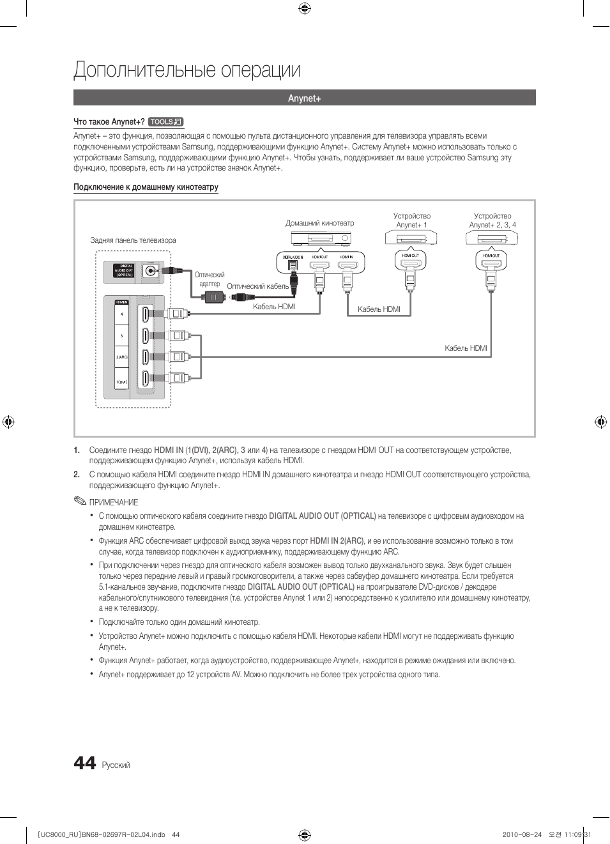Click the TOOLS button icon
(165, 122)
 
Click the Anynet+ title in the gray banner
(304, 98)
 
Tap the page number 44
(85, 763)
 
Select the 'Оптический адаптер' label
(210, 279)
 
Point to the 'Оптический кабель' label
(257, 286)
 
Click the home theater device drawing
(321, 239)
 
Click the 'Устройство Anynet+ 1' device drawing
(411, 238)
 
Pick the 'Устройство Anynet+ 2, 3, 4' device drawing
(492, 238)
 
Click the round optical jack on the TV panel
(151, 271)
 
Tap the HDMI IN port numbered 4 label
(121, 314)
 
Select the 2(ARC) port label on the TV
(121, 357)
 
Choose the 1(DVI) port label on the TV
(121, 382)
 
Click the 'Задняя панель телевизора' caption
(133, 240)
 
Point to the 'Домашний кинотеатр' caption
(319, 223)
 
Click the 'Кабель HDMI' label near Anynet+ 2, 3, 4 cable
(466, 348)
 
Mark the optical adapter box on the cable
(213, 297)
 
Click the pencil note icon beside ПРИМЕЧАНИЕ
(79, 501)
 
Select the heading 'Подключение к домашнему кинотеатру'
(146, 187)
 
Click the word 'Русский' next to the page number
(116, 765)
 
